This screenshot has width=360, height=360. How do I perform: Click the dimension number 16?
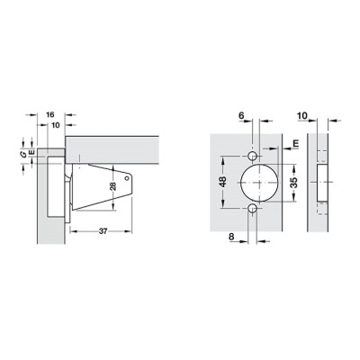coord(50,114)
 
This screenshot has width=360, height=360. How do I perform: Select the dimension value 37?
coord(103,231)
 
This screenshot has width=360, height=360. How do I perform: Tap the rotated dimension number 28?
coord(113,186)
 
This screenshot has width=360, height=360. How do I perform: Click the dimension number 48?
coord(223,182)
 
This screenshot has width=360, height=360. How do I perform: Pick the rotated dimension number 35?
coord(294,183)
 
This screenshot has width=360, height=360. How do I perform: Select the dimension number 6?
coord(242,115)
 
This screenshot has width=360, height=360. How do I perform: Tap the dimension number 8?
coord(231,237)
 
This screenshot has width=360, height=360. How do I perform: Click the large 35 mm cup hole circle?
coord(259,183)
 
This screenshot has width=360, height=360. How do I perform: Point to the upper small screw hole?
coord(252,156)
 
